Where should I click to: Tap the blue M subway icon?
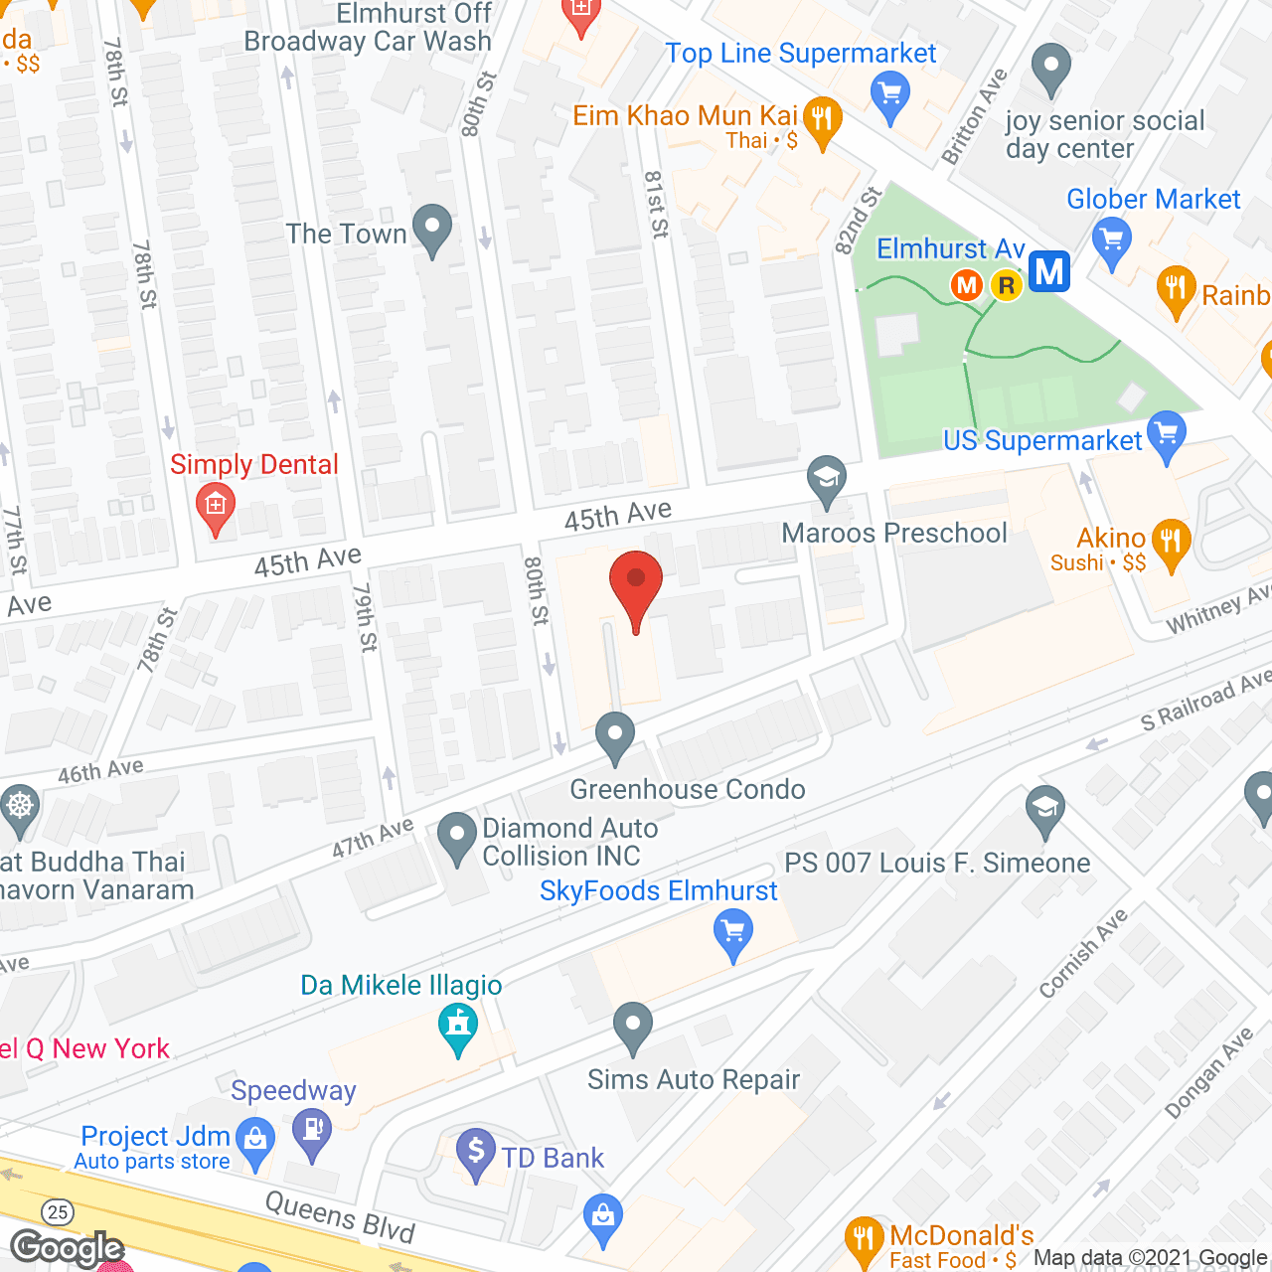(x=1048, y=271)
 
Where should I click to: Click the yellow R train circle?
(x=1007, y=286)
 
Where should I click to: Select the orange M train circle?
(x=966, y=286)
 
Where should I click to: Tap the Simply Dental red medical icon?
(x=216, y=506)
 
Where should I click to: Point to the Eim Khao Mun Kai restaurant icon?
(x=822, y=120)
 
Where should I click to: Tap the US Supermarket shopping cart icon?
(x=1167, y=434)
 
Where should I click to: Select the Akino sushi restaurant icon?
(x=1172, y=543)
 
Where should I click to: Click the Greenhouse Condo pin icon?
(x=615, y=736)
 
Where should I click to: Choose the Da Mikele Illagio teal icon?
(x=457, y=1026)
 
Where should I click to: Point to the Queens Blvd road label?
(x=340, y=1216)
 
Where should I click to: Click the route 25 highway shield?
(x=58, y=1211)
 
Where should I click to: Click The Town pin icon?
(x=431, y=228)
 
